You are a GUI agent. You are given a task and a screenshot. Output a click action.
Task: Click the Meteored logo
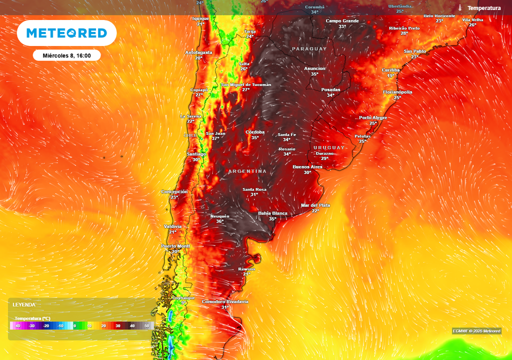(x=66, y=33)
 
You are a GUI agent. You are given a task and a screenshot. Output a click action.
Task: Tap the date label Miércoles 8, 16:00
(x=66, y=55)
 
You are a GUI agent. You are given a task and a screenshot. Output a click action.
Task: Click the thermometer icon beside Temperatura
(x=460, y=8)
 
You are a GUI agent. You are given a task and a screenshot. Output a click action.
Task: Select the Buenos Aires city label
(x=307, y=166)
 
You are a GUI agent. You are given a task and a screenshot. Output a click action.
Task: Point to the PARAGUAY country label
(x=309, y=49)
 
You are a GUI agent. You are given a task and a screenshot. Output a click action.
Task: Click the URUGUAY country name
(x=329, y=147)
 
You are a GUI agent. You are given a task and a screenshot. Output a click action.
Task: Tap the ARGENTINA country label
(x=247, y=171)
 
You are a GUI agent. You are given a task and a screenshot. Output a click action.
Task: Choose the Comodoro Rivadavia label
(x=225, y=301)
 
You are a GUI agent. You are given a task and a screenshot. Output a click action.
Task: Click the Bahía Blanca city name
(x=272, y=213)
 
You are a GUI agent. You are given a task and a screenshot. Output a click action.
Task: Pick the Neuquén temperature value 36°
(x=219, y=221)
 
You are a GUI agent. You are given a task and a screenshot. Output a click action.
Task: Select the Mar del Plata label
(x=315, y=205)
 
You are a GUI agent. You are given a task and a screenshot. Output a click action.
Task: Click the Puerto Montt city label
(x=175, y=246)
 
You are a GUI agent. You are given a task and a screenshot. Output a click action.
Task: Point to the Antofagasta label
(x=199, y=52)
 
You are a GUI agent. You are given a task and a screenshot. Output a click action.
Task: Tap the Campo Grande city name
(x=342, y=21)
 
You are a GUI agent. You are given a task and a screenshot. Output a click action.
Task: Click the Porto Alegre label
(x=373, y=117)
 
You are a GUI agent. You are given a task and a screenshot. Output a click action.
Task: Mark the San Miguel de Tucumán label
(x=246, y=84)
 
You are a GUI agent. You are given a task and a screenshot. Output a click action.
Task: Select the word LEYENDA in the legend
(x=24, y=304)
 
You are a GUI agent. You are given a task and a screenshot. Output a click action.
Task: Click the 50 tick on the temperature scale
(x=147, y=326)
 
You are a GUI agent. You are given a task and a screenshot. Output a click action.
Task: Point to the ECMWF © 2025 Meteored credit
(x=476, y=331)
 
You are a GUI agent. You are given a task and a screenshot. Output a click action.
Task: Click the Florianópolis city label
(x=397, y=92)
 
